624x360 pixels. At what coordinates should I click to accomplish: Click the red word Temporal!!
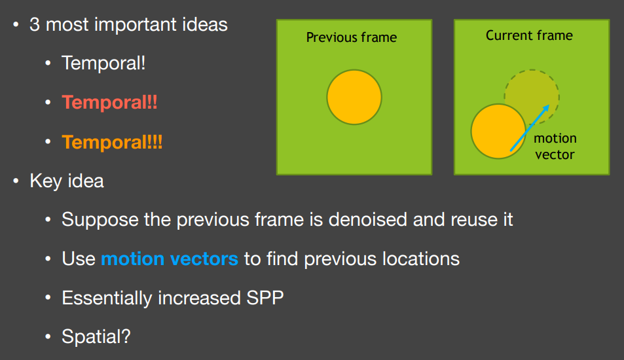tap(109, 102)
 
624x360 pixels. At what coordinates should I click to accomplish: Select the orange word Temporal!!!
tap(112, 142)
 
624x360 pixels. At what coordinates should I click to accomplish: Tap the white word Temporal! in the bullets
tap(103, 63)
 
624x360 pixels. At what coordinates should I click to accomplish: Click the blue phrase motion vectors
tap(170, 259)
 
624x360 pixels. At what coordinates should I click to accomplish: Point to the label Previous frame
tap(352, 37)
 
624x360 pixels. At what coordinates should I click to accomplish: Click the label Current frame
tap(529, 35)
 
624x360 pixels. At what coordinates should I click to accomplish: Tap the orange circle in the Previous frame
tap(354, 97)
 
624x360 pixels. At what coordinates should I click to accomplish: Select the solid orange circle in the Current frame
tap(498, 132)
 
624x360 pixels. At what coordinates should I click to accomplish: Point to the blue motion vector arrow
tap(530, 128)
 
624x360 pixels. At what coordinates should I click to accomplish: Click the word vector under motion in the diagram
tap(555, 154)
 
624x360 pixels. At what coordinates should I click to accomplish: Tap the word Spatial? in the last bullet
tap(96, 336)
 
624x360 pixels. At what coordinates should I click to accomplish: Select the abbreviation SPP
tap(265, 298)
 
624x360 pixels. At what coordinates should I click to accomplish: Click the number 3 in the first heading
tap(35, 24)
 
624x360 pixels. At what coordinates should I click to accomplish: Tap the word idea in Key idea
tap(86, 181)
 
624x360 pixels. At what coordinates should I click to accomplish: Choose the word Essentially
tap(107, 298)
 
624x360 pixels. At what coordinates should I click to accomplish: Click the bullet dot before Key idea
tap(16, 181)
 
